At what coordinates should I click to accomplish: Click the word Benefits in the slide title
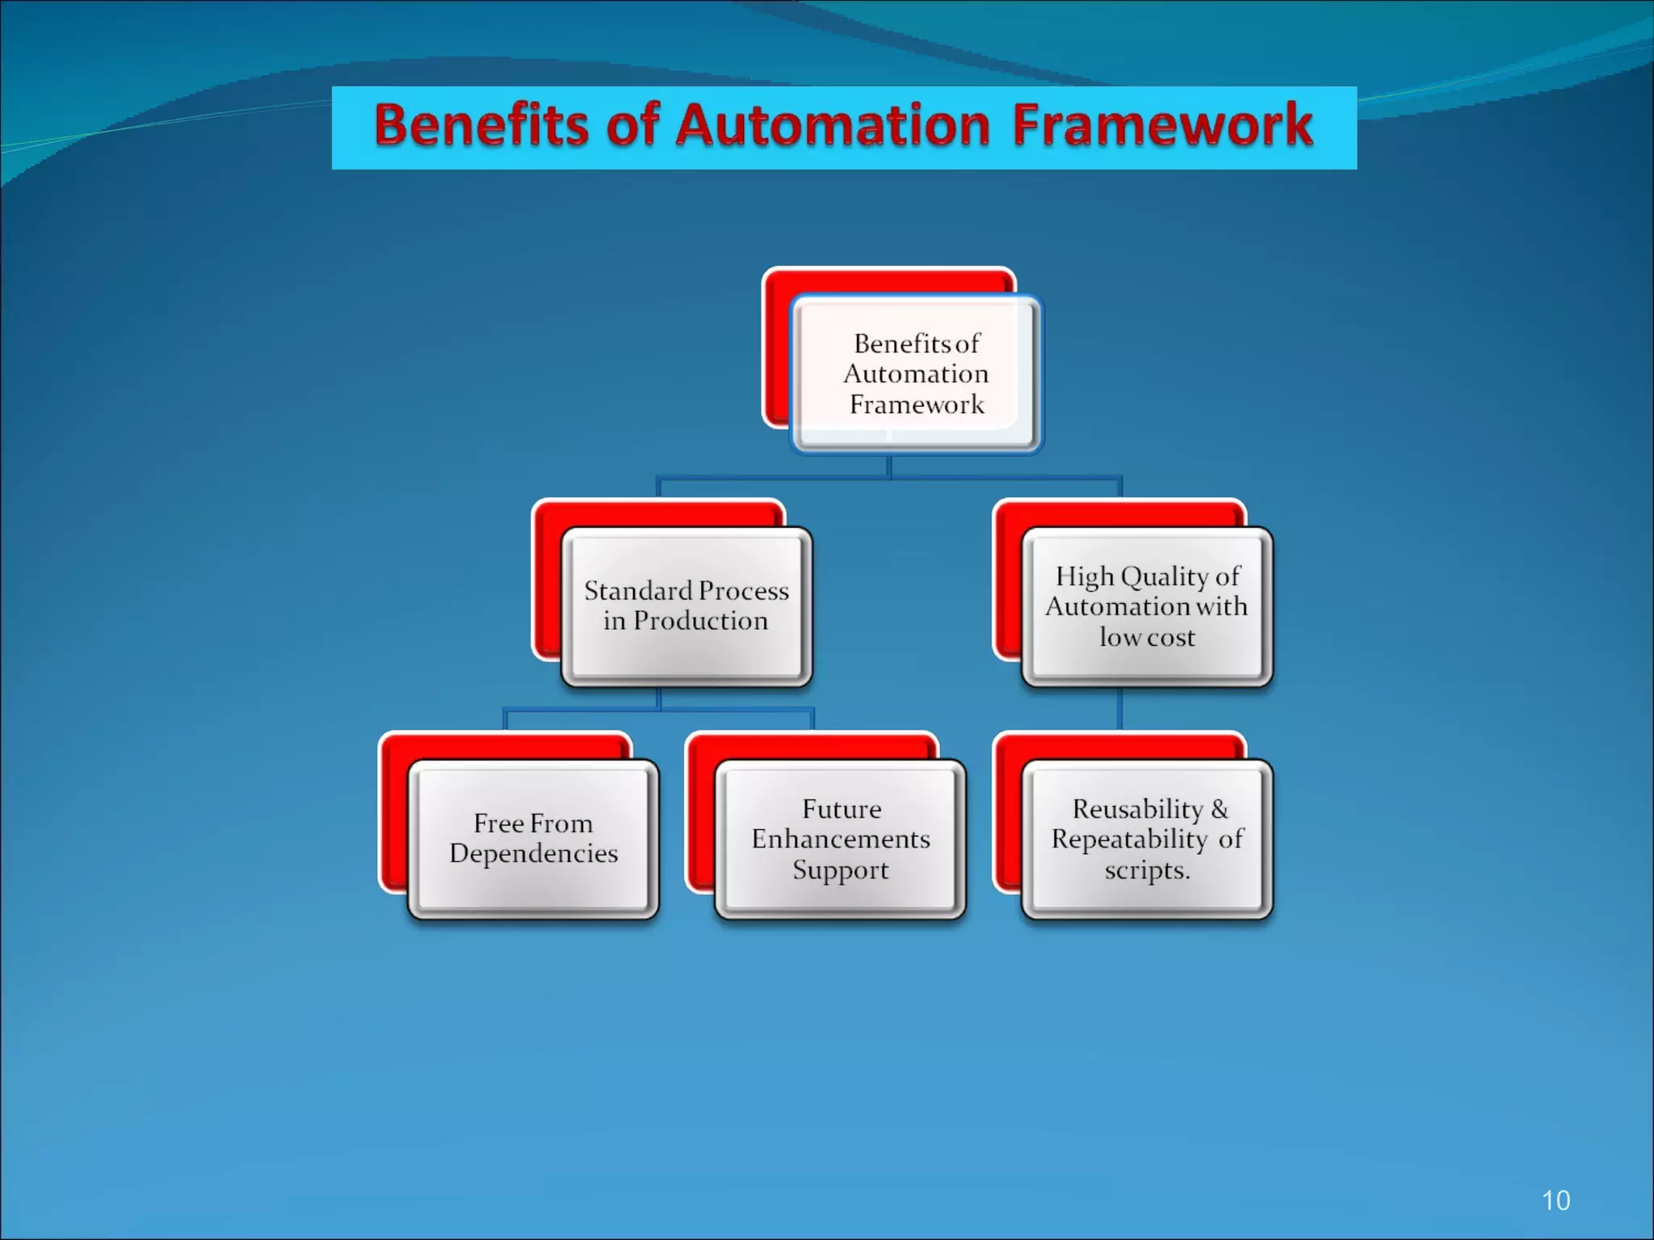pos(481,126)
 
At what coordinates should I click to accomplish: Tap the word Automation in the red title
pos(833,126)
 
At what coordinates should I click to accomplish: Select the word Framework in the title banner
pos(1163,126)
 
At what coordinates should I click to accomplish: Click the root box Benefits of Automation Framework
pos(917,374)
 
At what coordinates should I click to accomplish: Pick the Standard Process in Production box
pos(686,605)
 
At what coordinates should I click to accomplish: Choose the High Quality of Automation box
pos(1147,606)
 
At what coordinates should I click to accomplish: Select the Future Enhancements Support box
pos(840,839)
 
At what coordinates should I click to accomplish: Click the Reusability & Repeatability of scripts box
pos(1147,839)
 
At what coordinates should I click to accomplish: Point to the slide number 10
pos(1555,1200)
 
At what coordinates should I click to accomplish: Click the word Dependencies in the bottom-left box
pos(533,853)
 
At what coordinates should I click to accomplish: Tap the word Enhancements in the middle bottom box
pos(840,840)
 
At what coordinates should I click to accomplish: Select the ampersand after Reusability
pos(1220,809)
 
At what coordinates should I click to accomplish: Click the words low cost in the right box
pos(1147,637)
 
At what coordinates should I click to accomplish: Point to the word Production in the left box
pos(700,621)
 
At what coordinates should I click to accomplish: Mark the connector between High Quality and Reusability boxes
pos(1119,709)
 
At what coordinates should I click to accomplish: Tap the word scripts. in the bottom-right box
pos(1147,870)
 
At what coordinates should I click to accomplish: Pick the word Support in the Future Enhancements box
pos(840,870)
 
